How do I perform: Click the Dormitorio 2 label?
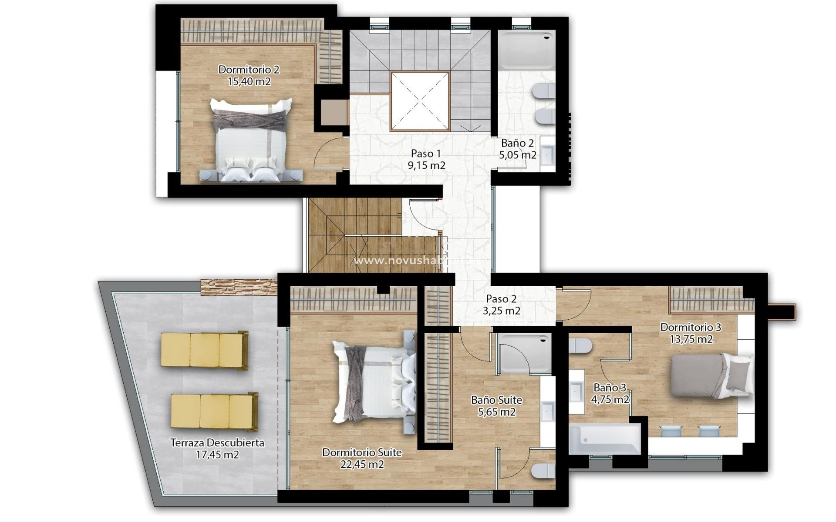(x=249, y=70)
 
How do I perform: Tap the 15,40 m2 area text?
(x=249, y=81)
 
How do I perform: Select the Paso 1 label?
(x=426, y=154)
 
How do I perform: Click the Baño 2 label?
(x=517, y=143)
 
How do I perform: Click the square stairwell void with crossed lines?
(x=420, y=101)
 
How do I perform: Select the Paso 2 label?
(x=501, y=299)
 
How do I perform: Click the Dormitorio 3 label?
(x=691, y=327)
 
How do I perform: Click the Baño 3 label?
(x=610, y=387)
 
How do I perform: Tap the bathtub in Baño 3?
(x=604, y=439)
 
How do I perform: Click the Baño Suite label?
(x=496, y=400)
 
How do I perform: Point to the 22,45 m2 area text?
(x=362, y=465)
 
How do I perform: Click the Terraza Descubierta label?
(x=217, y=443)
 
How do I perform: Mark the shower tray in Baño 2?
(x=526, y=50)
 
